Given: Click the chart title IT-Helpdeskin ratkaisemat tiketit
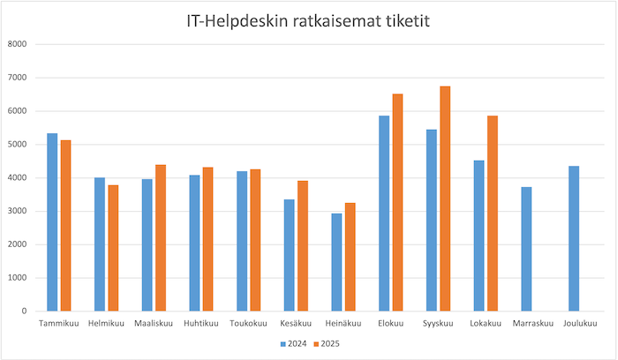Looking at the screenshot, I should click(x=308, y=21).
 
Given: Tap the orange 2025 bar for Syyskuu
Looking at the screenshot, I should click(x=445, y=199).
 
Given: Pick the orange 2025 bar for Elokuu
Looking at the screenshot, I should click(x=397, y=202).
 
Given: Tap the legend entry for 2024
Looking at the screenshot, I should click(x=297, y=343).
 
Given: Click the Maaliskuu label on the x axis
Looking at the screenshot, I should click(x=153, y=324).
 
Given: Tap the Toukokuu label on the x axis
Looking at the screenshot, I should click(x=248, y=324).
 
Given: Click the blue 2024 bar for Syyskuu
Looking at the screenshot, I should click(x=431, y=221).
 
